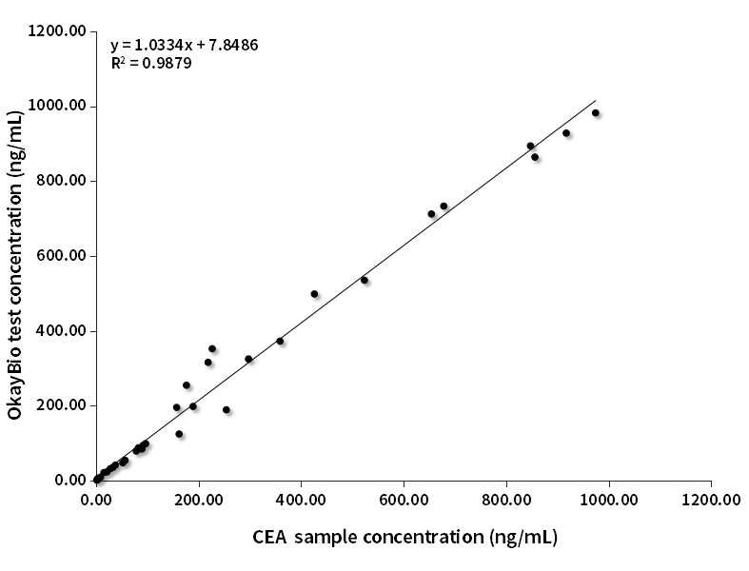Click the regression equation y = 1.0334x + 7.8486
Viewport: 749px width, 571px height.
(x=185, y=45)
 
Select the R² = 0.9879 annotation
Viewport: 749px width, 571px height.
(x=150, y=64)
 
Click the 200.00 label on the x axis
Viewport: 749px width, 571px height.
(x=199, y=500)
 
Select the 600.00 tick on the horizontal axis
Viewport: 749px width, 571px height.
(x=404, y=500)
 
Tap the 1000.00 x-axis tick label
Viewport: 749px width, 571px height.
(x=608, y=500)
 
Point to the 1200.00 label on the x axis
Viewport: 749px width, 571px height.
(x=710, y=500)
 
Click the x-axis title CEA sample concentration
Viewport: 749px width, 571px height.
(x=404, y=537)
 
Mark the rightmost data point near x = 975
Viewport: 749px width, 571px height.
(x=596, y=112)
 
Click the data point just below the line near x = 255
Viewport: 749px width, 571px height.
(x=227, y=410)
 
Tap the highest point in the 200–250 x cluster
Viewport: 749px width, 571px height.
(x=212, y=348)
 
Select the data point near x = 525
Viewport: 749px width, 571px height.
(x=365, y=280)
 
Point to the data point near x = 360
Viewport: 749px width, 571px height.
(x=280, y=341)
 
